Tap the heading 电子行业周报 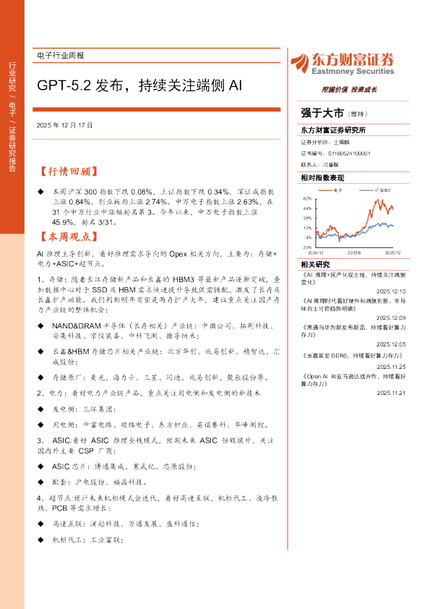click(x=60, y=56)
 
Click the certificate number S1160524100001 click(x=349, y=154)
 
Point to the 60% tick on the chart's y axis click(x=308, y=197)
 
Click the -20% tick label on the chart click(x=307, y=247)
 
